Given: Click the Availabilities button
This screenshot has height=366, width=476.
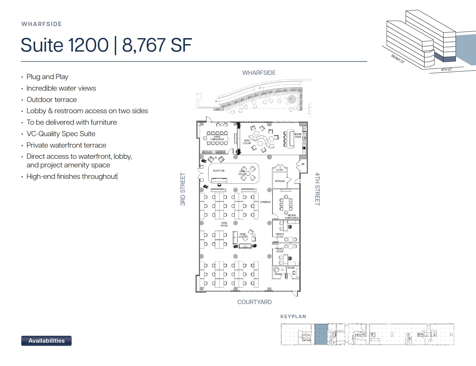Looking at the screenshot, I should click(x=46, y=341).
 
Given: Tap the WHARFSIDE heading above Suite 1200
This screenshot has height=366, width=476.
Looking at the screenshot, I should click(x=42, y=24).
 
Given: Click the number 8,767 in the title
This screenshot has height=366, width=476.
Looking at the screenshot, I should click(x=144, y=45).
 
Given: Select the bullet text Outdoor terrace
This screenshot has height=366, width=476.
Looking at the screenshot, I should click(x=52, y=100).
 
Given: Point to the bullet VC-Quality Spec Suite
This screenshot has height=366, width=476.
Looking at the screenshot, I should click(x=61, y=134).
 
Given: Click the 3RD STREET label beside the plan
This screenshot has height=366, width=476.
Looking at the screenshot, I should click(x=183, y=189).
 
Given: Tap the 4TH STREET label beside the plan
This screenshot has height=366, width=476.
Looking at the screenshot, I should click(x=317, y=189).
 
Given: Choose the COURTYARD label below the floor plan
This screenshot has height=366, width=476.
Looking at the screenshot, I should click(x=254, y=302).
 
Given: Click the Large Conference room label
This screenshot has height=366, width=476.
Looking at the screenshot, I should click(x=217, y=138).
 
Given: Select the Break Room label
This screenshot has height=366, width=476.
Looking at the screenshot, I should click(x=298, y=136).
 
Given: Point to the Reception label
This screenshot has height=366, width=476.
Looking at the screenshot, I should click(x=218, y=171).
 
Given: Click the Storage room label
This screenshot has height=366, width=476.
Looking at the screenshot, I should click(x=280, y=181).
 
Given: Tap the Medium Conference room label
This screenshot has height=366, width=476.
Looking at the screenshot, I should click(x=292, y=217).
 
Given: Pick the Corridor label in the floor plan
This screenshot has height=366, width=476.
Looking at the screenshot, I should click(x=265, y=202).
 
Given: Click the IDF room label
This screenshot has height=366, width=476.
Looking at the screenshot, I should click(x=303, y=164).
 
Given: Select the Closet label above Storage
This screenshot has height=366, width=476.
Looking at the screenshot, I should click(x=279, y=170).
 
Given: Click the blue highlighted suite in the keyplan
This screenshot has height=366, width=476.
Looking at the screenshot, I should click(x=321, y=334).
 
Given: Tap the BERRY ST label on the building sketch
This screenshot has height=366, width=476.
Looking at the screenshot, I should click(x=398, y=59).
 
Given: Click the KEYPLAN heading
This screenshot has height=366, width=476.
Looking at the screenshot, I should click(x=293, y=316).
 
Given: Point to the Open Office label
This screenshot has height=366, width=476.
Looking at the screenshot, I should click(x=224, y=224).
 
